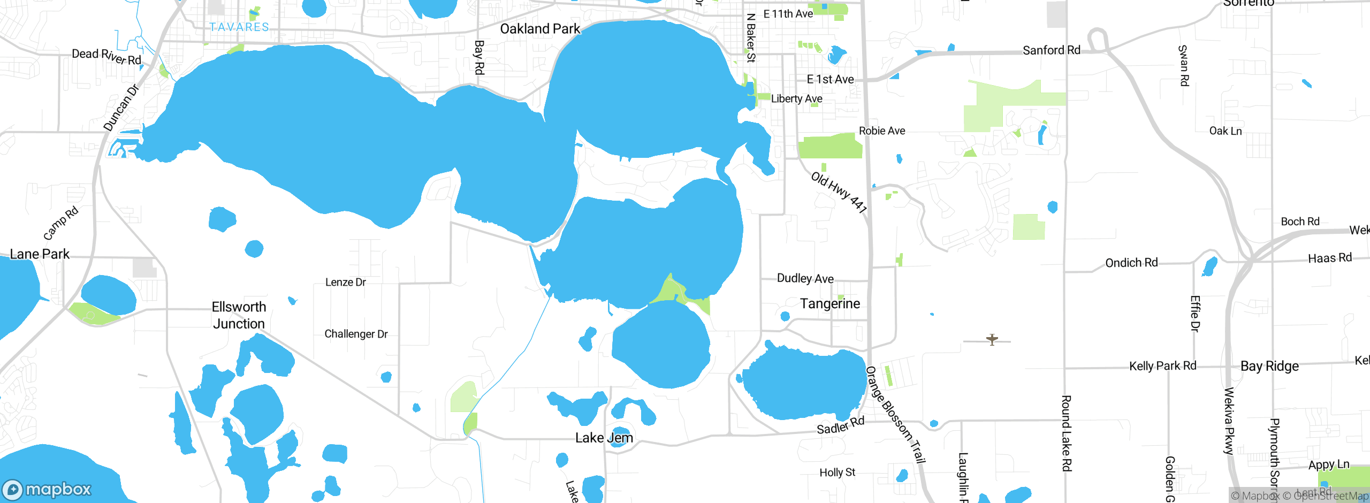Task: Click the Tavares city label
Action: tap(239, 27)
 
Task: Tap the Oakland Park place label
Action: tap(540, 29)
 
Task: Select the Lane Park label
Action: tap(40, 254)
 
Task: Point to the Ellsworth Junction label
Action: tap(239, 315)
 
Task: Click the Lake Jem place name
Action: tap(604, 438)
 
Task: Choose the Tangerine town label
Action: tap(830, 304)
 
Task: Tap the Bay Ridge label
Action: tap(1269, 366)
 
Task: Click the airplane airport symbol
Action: tap(992, 339)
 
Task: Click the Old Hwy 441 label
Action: tap(839, 193)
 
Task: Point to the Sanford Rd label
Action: tap(1052, 50)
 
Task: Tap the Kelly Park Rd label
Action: tap(1162, 366)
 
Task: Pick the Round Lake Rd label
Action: tap(1066, 433)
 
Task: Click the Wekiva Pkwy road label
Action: tap(1229, 421)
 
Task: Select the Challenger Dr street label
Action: tap(356, 334)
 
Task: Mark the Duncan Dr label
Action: tap(121, 108)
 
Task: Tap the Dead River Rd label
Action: tap(106, 56)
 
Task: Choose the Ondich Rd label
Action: tap(1131, 263)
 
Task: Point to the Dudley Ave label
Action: tap(805, 278)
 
